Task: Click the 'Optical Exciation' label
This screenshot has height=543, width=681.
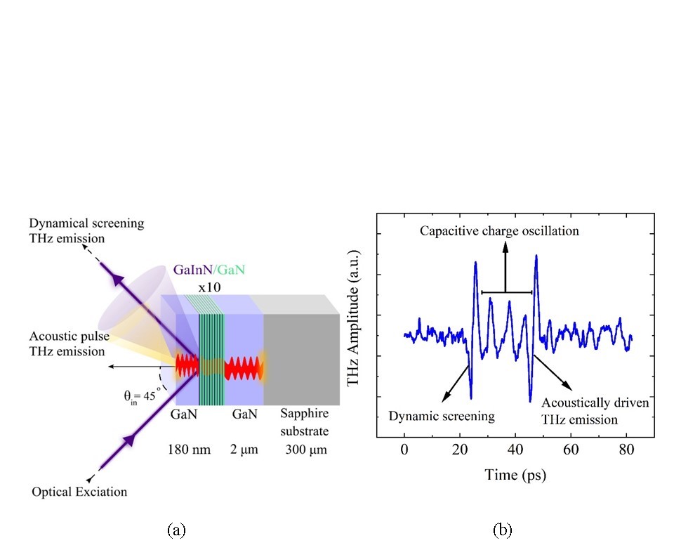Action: [79, 492]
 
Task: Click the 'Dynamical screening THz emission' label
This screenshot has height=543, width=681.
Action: [86, 230]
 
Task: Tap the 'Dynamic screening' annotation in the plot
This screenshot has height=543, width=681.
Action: [442, 416]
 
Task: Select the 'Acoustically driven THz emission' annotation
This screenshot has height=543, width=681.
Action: [595, 411]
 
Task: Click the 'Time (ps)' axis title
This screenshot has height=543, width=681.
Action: [515, 475]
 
